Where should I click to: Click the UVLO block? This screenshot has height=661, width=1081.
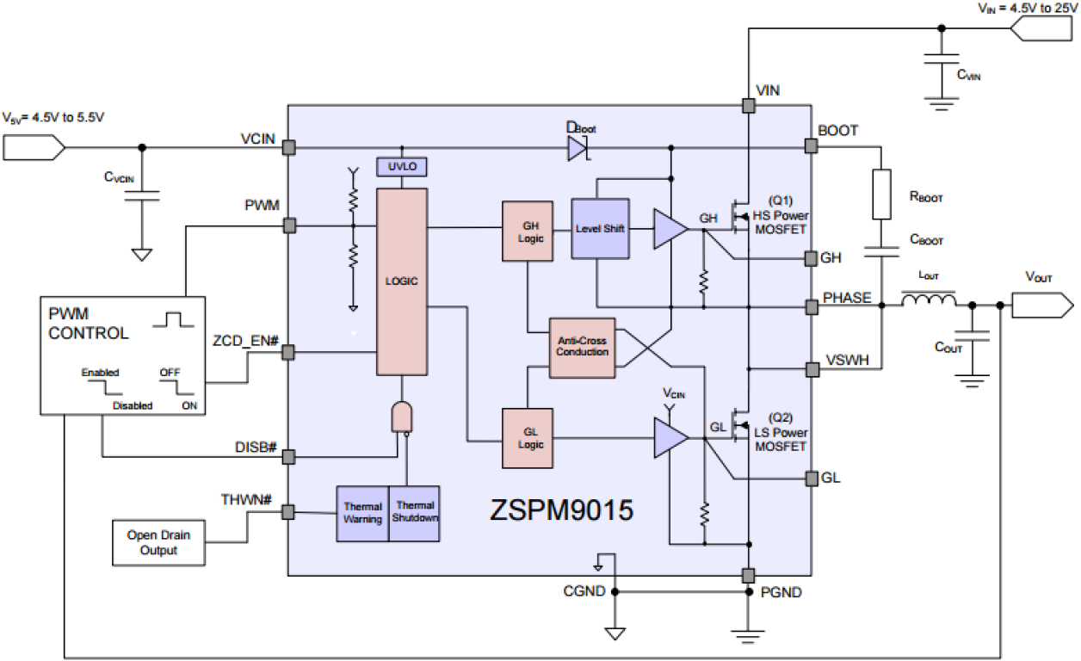[401, 167]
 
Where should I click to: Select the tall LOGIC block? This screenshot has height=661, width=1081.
[401, 281]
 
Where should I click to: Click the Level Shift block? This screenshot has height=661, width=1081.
[600, 229]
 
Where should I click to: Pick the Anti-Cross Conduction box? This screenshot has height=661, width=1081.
[582, 346]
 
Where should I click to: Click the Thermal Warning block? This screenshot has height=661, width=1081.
[361, 513]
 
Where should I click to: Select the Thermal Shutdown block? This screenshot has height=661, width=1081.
[414, 513]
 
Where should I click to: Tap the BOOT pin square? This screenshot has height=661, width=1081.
[810, 147]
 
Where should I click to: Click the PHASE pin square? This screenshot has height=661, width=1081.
[810, 306]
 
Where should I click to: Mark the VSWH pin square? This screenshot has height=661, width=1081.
[810, 369]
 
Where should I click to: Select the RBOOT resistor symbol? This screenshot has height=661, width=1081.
[882, 195]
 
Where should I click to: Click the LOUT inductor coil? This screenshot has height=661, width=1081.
[928, 300]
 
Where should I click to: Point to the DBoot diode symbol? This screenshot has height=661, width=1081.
[577, 148]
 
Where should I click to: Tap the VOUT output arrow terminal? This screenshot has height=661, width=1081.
[1042, 305]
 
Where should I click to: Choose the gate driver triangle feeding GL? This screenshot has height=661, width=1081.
[670, 439]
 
